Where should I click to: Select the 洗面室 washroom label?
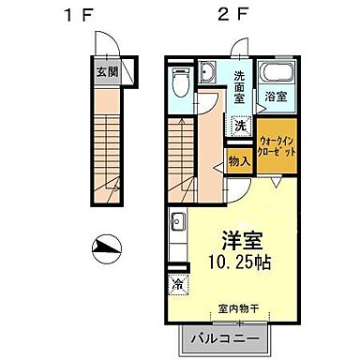tap(240, 87)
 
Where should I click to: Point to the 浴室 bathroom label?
tap(276, 96)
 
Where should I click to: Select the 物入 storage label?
tap(240, 161)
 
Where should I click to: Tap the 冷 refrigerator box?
tap(176, 281)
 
